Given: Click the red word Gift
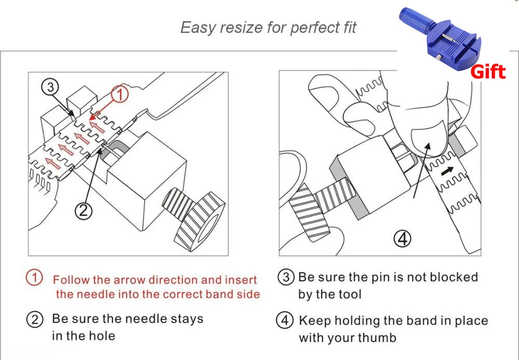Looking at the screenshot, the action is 487,71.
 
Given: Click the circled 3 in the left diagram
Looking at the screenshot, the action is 50,88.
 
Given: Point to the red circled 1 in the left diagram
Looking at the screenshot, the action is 120,95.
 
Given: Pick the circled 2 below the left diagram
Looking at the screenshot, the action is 84,210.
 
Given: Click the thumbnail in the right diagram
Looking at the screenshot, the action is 427,136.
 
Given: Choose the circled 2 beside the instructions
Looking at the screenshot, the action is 34,319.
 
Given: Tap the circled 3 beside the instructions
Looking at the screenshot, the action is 286,277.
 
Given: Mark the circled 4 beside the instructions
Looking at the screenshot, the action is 286,321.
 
